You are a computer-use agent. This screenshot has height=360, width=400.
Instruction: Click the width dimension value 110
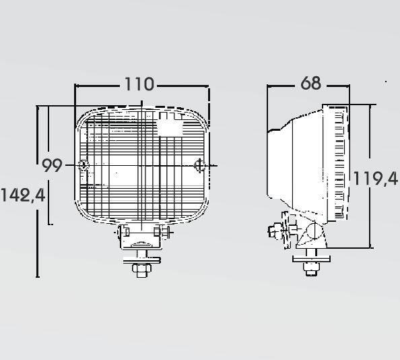pyautogui.click(x=139, y=84)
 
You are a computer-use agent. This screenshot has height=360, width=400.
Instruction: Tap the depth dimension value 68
pyautogui.click(x=310, y=83)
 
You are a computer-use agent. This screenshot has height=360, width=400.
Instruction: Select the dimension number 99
pyautogui.click(x=52, y=165)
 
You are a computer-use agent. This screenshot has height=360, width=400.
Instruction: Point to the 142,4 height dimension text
pyautogui.click(x=23, y=196)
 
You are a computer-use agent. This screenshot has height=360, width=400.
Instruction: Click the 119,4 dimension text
pyautogui.click(x=375, y=178)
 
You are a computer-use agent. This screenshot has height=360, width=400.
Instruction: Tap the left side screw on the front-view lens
pyautogui.click(x=84, y=164)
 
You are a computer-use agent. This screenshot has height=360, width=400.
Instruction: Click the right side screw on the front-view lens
pyautogui.click(x=199, y=165)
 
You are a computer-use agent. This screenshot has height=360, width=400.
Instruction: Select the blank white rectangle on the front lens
pyautogui.click(x=170, y=128)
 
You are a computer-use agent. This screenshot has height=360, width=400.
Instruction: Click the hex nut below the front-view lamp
pyautogui.click(x=141, y=268)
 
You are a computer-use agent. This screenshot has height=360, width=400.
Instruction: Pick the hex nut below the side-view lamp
pyautogui.click(x=311, y=267)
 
